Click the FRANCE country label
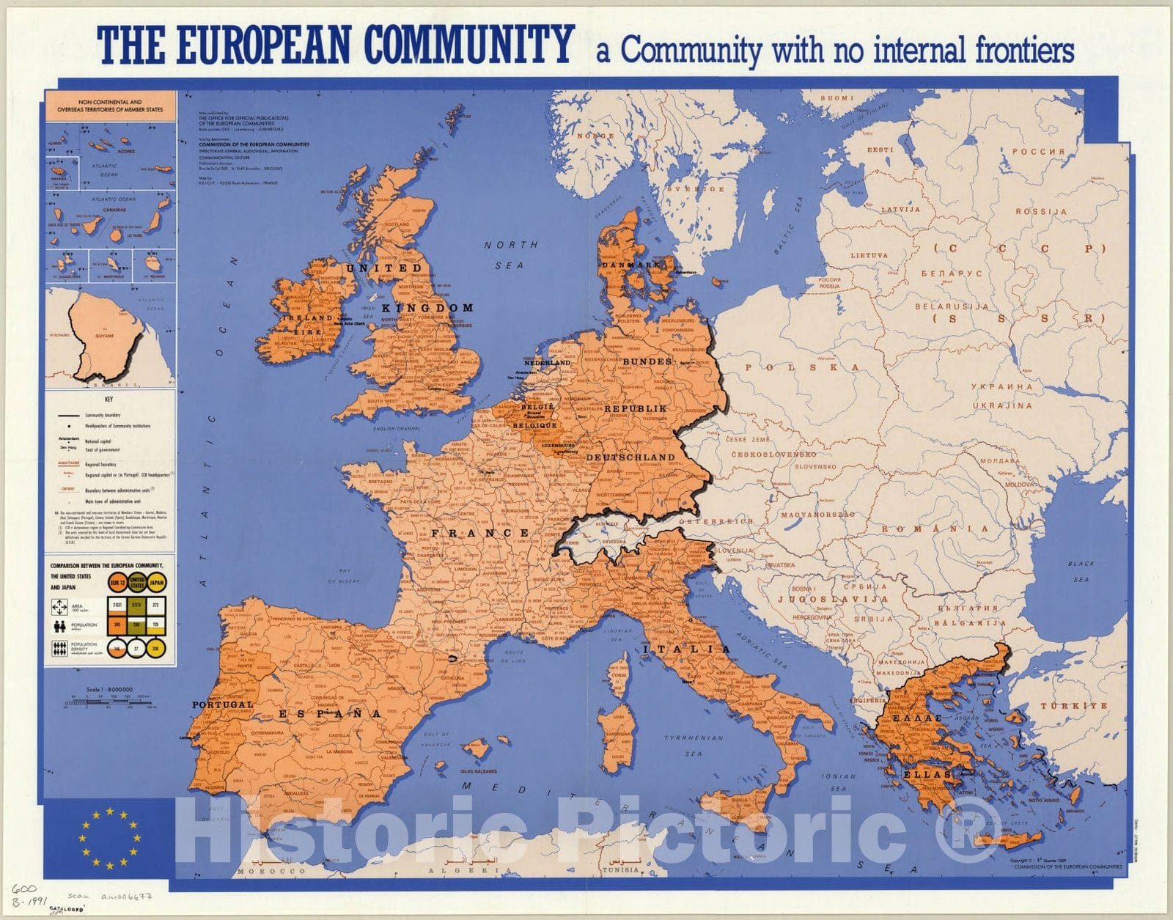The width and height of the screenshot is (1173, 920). pyautogui.click(x=480, y=533)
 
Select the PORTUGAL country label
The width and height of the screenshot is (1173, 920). pyautogui.click(x=222, y=704)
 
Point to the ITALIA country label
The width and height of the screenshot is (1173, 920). pyautogui.click(x=687, y=649)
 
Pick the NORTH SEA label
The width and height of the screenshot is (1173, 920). pyautogui.click(x=510, y=254)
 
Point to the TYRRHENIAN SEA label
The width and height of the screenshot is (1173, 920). pyautogui.click(x=693, y=745)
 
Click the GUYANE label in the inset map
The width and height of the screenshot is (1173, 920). pyautogui.click(x=105, y=335)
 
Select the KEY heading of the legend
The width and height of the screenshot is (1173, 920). pyautogui.click(x=109, y=400)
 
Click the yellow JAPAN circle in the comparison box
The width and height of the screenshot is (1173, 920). pyautogui.click(x=156, y=583)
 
